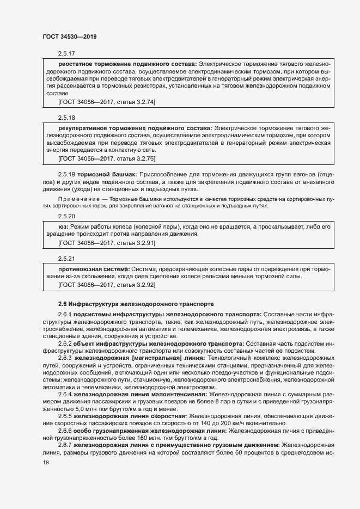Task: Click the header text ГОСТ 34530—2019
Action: [70, 36]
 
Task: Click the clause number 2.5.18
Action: [66, 118]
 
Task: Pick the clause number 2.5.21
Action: [66, 259]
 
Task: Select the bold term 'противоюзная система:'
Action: [94, 268]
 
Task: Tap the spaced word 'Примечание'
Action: [76, 200]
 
